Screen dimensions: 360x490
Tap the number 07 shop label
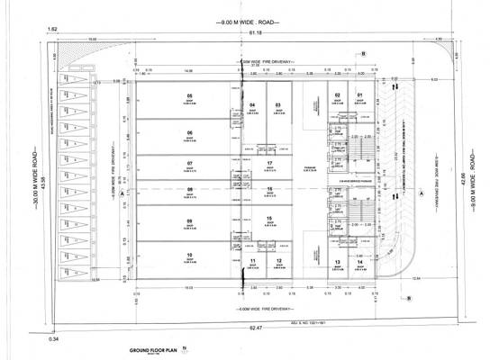point(190,163)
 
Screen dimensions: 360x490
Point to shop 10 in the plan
point(190,256)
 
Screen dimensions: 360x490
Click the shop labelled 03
point(278,105)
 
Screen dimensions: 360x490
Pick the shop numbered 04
point(253,105)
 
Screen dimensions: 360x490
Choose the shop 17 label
point(269,163)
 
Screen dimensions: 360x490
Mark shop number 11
point(254,261)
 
